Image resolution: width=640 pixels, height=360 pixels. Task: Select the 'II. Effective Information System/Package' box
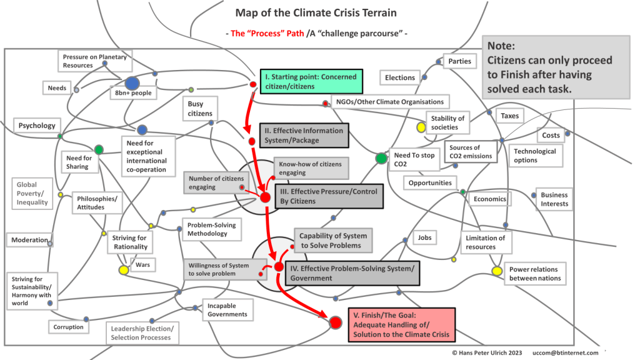pos(302,135)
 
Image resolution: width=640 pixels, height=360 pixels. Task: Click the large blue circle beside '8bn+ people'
pos(132,83)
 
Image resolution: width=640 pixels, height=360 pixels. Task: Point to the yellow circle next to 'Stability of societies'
pos(421,127)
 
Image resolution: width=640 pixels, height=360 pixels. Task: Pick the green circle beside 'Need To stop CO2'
pos(381,158)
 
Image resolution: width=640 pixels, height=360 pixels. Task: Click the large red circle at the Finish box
pos(336,322)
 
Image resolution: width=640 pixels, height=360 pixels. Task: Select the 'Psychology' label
pos(37,126)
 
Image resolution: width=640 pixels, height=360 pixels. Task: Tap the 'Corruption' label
pos(68,327)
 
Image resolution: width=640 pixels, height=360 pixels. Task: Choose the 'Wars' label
pos(142,265)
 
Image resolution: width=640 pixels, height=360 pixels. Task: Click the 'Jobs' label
pos(425,238)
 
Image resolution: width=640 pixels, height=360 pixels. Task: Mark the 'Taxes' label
pos(509,116)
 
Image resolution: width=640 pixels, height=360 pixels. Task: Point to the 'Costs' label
pos(551,135)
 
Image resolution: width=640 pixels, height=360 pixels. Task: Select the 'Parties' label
pos(459,62)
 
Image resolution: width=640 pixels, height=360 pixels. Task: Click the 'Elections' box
pos(400,77)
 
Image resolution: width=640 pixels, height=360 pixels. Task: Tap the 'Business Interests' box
pos(554,199)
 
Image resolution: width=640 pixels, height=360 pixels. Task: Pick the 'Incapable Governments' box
pos(228,309)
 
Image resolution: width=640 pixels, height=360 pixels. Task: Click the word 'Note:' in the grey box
pos(501,46)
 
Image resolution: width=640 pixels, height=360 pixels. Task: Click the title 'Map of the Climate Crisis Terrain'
pos(316,12)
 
